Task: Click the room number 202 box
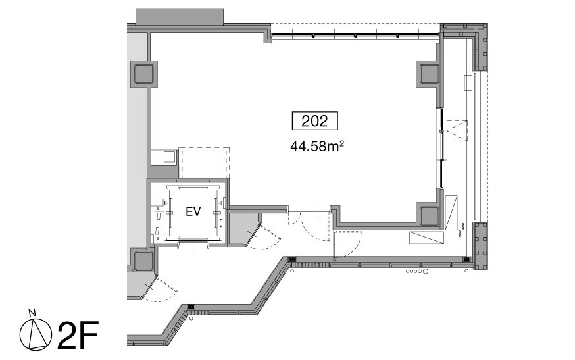click(314, 120)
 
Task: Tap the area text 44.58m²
click(317, 146)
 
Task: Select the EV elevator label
click(193, 212)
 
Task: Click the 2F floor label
click(78, 335)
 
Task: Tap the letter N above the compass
click(32, 313)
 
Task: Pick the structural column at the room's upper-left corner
click(143, 74)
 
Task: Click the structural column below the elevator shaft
click(143, 261)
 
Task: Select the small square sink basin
click(169, 157)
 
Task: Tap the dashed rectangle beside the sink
click(204, 163)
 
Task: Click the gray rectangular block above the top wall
click(180, 17)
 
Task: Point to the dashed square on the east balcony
click(457, 130)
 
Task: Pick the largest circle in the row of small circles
click(426, 272)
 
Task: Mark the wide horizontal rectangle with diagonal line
click(427, 237)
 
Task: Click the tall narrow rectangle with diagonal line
click(451, 213)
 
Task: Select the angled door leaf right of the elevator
click(252, 234)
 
